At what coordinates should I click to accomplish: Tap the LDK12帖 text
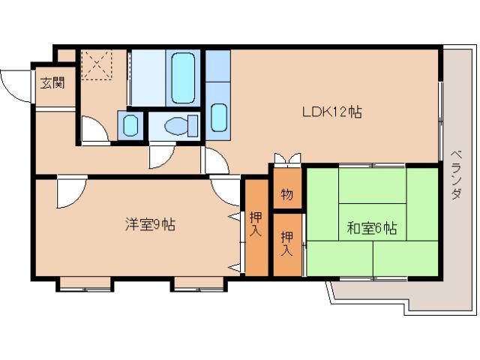[332, 112]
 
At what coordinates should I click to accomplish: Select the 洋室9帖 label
[149, 224]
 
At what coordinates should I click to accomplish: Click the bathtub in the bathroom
[182, 77]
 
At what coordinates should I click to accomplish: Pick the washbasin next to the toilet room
[129, 124]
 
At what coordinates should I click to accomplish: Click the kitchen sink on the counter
[218, 116]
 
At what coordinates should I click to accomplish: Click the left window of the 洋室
[85, 283]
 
